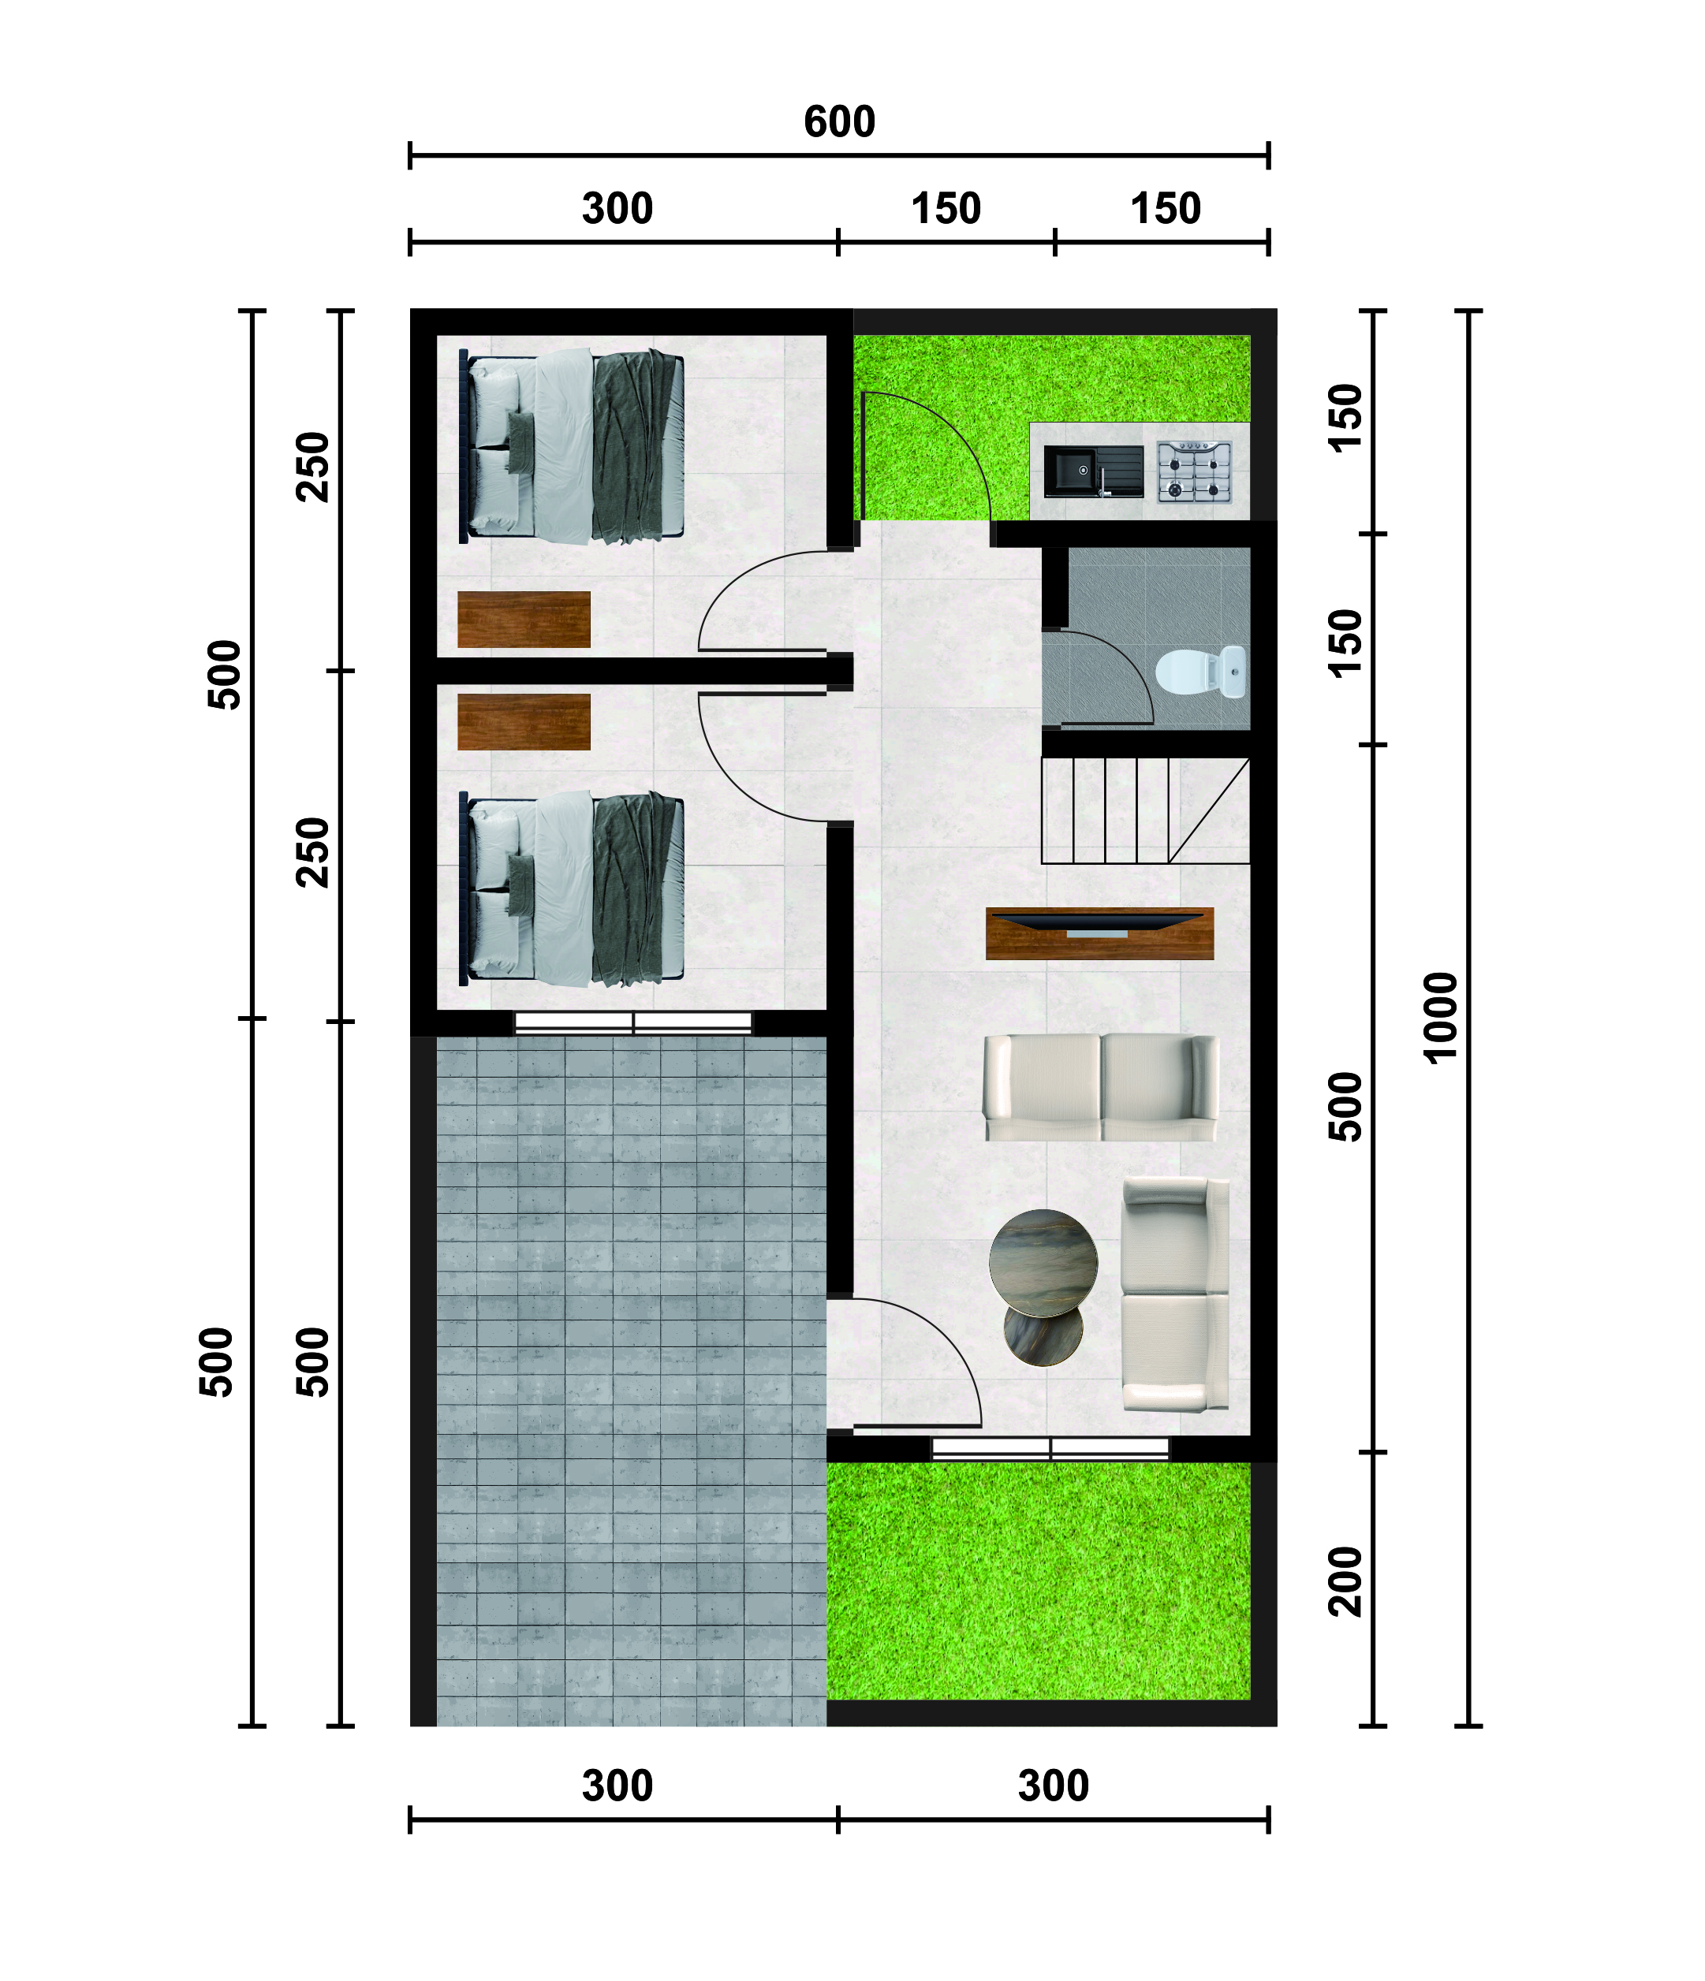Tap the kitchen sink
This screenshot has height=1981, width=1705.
point(1093,471)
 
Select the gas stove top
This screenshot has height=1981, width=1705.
point(1194,471)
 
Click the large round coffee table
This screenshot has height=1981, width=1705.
point(1043,1263)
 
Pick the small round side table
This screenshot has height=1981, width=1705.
point(1043,1333)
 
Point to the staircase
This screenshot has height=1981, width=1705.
point(1144,810)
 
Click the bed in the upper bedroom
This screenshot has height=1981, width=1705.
point(571,446)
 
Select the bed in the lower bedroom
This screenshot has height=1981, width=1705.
point(571,889)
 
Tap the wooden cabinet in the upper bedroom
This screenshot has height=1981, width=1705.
point(524,620)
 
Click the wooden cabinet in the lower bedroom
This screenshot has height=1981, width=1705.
point(524,722)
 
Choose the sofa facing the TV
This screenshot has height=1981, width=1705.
point(1101,1087)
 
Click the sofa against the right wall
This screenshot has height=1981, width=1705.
point(1175,1294)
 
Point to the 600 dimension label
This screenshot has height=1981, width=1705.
point(838,122)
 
